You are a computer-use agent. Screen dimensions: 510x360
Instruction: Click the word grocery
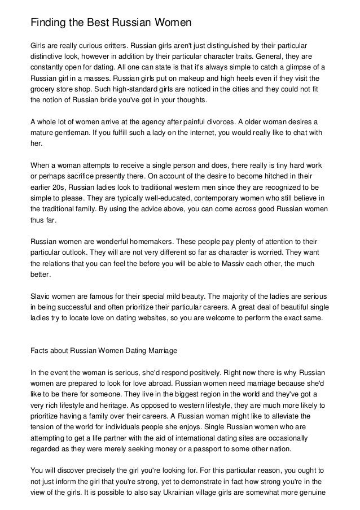[x=44, y=89]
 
